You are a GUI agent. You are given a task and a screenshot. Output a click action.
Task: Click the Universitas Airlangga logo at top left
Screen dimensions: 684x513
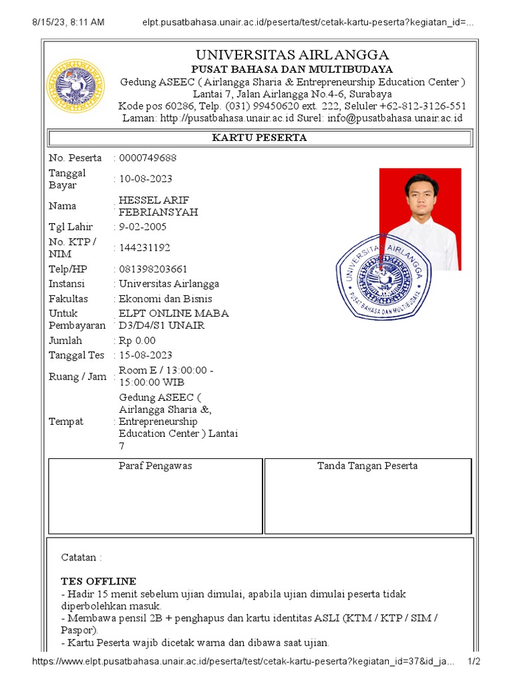pos(75,86)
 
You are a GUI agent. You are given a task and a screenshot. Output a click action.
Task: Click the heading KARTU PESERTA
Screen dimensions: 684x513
pos(259,138)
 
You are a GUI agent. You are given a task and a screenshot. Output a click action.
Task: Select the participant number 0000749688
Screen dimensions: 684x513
pos(148,158)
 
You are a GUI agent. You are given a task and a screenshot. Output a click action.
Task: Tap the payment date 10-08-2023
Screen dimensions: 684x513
pos(146,179)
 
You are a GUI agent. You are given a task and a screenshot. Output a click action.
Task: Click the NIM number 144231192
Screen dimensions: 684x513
pos(144,248)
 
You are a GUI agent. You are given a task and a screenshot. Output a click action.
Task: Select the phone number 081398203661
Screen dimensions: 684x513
pos(153,269)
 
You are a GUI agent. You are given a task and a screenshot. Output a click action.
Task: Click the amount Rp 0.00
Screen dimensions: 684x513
pos(137,341)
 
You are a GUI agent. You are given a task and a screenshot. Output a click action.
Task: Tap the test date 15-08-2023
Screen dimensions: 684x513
pos(146,355)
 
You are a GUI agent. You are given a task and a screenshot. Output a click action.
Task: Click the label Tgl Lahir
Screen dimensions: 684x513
pos(71,226)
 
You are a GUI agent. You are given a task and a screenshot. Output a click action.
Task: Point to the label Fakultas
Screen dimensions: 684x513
pos(68,299)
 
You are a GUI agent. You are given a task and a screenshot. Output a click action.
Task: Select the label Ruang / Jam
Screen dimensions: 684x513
pos(77,377)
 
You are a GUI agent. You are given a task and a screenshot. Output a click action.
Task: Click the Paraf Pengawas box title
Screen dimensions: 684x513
pos(155,466)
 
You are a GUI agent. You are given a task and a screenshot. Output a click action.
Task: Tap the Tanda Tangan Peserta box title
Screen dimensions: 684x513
pos(367,466)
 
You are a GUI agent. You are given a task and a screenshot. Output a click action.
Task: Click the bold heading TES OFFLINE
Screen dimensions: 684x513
pos(99,580)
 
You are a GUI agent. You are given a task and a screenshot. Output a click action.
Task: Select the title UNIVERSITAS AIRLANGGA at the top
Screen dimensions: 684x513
pos(292,55)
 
